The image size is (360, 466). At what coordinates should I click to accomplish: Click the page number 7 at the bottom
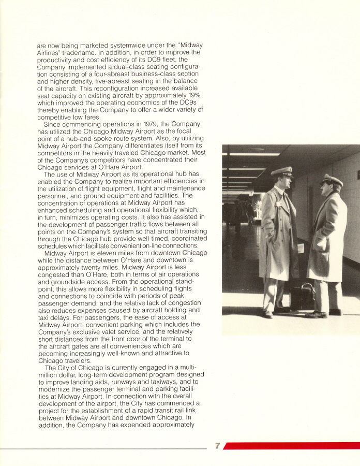tap(218, 446)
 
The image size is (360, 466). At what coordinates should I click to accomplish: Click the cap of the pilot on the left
tap(282, 171)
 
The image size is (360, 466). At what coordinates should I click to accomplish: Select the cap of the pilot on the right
tap(331, 180)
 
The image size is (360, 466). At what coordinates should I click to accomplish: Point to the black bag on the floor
tap(303, 297)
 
